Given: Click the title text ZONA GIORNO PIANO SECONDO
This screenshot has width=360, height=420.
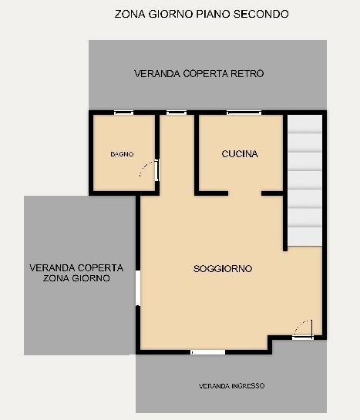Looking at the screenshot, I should point(202,14).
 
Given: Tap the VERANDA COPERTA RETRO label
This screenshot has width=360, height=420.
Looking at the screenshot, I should point(199,74).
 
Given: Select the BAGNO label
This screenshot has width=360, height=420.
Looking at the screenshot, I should point(122,154).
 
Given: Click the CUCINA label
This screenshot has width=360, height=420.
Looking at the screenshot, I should point(240,154).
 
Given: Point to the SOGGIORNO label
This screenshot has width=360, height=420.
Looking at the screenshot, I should point(223,268).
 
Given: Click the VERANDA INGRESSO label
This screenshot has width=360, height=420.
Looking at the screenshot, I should point(231,385).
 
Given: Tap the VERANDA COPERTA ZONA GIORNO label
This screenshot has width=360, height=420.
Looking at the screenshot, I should point(76,274).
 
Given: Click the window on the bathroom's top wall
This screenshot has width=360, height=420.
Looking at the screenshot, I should point(123,113).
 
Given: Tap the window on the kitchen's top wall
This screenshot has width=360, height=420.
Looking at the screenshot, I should point(244,113).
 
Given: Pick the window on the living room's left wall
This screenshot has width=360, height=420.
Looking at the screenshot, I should point(138,288).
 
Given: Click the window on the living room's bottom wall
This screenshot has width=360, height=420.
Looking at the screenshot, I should point(208,352).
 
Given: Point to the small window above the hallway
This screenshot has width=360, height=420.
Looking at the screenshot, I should point(177,113).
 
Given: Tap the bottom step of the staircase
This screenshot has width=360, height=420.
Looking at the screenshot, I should point(305,236).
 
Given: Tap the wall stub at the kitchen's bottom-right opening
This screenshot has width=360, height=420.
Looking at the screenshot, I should point(271,192).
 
